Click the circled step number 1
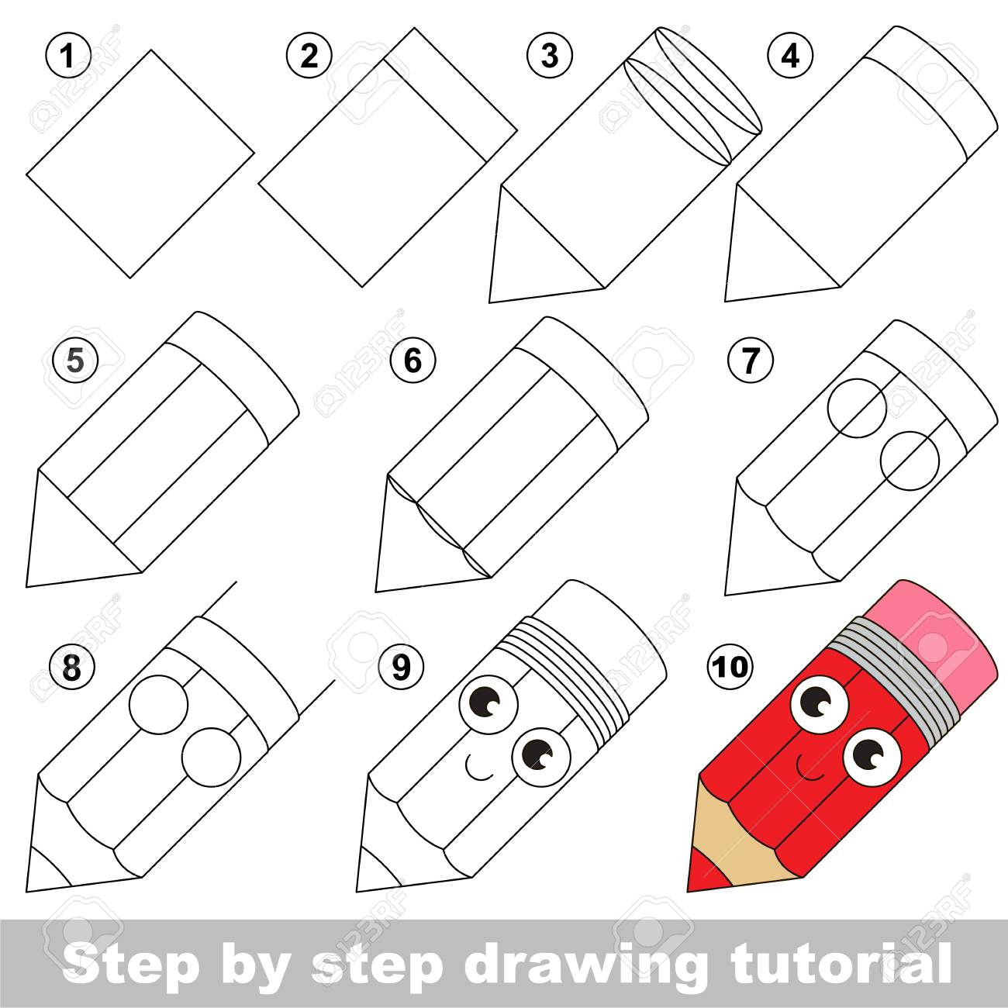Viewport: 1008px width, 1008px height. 69,56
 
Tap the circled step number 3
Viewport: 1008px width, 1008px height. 549,56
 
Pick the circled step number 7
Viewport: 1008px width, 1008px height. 749,361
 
